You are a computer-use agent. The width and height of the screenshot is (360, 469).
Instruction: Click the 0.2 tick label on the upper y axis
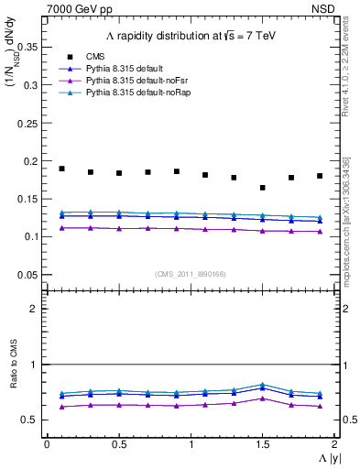[x=33, y=161]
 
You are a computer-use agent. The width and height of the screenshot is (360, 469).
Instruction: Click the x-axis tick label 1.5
[x=263, y=443]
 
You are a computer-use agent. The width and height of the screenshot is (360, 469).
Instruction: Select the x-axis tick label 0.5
[x=118, y=443]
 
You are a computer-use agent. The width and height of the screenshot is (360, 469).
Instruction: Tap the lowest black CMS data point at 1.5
[x=263, y=188]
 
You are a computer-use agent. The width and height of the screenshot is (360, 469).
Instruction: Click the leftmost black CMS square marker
[x=61, y=169]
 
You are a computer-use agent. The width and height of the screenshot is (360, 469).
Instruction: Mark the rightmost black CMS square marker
[x=320, y=176]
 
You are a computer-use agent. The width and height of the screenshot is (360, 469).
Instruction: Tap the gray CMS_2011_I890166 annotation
[x=191, y=274]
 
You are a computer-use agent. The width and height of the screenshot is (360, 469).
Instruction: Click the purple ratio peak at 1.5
[x=263, y=398]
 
